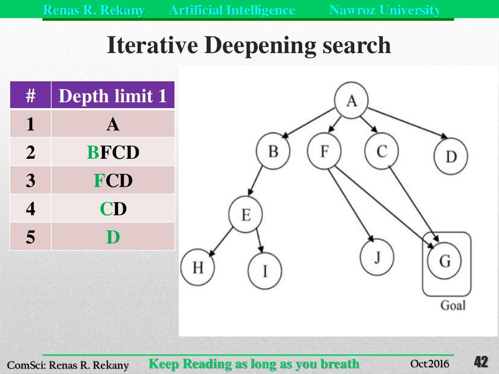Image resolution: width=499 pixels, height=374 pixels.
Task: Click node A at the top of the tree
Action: (x=351, y=101)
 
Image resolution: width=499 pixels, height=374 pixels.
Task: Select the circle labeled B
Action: (x=273, y=151)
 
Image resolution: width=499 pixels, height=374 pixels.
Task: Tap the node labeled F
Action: (x=325, y=151)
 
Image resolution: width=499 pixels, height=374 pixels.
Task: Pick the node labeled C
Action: (x=381, y=151)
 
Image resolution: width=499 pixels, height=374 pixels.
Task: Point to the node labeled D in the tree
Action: (x=451, y=157)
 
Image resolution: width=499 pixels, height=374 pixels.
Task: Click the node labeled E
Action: (x=246, y=214)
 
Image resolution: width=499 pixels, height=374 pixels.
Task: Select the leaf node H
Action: (x=197, y=267)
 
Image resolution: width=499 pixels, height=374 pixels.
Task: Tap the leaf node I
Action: (x=265, y=270)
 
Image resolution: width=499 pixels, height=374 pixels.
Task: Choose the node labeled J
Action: (x=377, y=258)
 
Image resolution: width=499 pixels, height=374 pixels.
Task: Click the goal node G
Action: (x=445, y=262)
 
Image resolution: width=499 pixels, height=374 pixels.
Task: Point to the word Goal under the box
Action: (x=453, y=305)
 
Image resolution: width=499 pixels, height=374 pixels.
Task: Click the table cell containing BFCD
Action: (x=113, y=152)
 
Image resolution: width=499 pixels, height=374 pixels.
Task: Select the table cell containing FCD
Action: (x=113, y=181)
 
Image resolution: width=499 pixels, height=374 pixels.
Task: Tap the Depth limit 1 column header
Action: (x=113, y=96)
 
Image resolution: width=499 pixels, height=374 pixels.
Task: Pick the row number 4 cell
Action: (x=31, y=209)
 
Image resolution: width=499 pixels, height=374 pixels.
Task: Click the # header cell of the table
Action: (x=31, y=96)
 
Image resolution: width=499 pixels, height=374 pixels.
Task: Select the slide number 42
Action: (x=480, y=362)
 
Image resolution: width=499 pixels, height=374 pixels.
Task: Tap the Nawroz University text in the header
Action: (x=385, y=10)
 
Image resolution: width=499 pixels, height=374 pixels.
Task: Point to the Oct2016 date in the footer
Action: (x=429, y=364)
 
